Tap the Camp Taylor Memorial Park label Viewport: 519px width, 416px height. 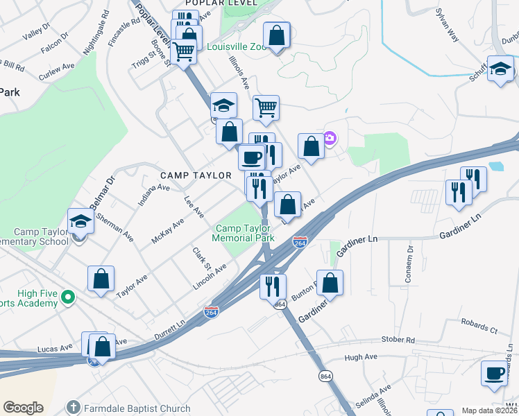point(244,233)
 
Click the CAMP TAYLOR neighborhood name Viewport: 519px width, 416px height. point(196,175)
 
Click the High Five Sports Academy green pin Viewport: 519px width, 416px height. point(67,297)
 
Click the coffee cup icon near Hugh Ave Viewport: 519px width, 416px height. point(495,373)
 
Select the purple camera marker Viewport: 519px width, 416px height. point(330,138)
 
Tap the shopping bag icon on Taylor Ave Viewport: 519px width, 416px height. point(101,279)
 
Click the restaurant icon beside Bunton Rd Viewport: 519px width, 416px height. point(273,285)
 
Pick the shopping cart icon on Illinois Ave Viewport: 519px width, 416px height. point(266,107)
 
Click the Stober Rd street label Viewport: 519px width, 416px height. point(398,340)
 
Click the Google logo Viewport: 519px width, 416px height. point(23,407)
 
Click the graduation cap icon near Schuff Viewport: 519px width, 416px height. point(500,69)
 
